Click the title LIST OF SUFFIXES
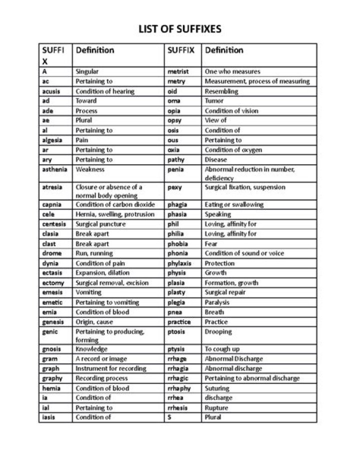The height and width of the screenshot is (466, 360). pyautogui.click(x=180, y=29)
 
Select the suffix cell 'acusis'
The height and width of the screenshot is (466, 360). pyautogui.click(x=51, y=91)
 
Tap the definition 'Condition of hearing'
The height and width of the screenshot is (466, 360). pyautogui.click(x=105, y=91)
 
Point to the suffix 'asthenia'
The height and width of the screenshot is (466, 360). pyautogui.click(x=54, y=169)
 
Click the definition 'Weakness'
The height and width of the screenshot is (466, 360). pyautogui.click(x=90, y=169)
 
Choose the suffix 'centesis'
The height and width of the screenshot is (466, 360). pyautogui.click(x=54, y=224)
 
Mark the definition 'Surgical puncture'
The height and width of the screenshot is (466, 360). pyautogui.click(x=100, y=224)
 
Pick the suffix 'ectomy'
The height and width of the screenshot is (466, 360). pyautogui.click(x=53, y=283)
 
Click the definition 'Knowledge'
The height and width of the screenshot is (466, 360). pyautogui.click(x=91, y=349)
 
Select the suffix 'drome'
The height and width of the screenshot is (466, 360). pyautogui.click(x=52, y=253)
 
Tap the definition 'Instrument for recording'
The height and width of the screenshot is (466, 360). pyautogui.click(x=111, y=368)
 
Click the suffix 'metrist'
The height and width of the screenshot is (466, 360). pyautogui.click(x=178, y=72)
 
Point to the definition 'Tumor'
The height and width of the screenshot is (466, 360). pyautogui.click(x=214, y=101)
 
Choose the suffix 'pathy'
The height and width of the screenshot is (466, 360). pyautogui.click(x=176, y=160)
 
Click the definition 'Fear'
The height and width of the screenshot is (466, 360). pyautogui.click(x=211, y=243)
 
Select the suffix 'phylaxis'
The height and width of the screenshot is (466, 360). pyautogui.click(x=180, y=263)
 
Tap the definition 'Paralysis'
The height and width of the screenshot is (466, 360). pyautogui.click(x=217, y=302)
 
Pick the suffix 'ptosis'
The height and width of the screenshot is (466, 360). pyautogui.click(x=177, y=331)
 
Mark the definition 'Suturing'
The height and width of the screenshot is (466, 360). pyautogui.click(x=217, y=388)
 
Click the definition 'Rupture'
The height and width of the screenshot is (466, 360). pyautogui.click(x=216, y=407)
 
